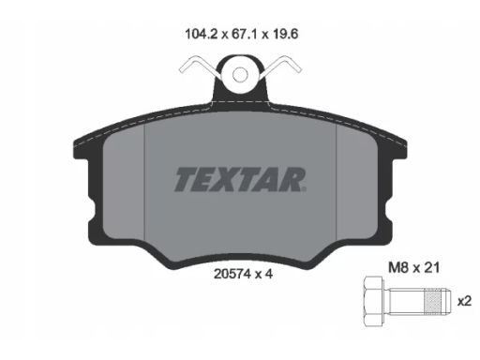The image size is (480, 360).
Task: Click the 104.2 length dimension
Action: click(202, 34)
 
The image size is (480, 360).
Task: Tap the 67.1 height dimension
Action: click(244, 34)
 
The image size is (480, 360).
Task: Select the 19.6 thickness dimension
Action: click(286, 34)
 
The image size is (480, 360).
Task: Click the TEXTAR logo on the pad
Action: click(240, 179)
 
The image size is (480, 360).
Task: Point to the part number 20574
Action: click(232, 274)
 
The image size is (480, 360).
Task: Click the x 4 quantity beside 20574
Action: click(264, 274)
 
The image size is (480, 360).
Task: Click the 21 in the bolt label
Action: click(432, 268)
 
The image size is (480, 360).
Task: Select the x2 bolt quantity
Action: click(464, 302)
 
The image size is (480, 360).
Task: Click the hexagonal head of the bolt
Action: click(374, 302)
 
